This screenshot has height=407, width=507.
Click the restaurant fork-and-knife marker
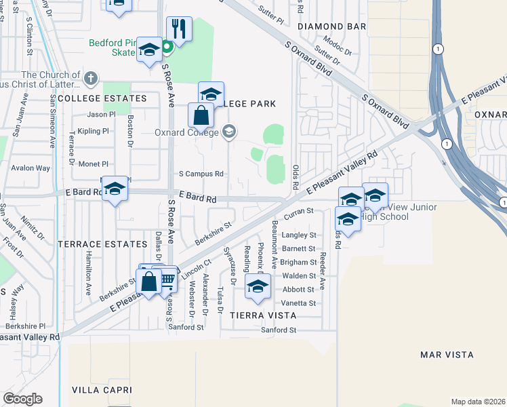(x=179, y=29)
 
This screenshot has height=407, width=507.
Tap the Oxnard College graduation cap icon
(x=229, y=131)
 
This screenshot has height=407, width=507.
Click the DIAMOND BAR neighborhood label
(x=332, y=26)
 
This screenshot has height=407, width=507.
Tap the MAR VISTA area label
(x=447, y=355)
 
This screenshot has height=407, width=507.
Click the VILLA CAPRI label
(x=100, y=390)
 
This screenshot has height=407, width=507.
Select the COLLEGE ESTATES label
(x=102, y=98)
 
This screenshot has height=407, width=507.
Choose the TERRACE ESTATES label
(x=102, y=244)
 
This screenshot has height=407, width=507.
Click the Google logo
(x=22, y=399)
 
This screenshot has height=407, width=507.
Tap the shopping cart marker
(x=167, y=278)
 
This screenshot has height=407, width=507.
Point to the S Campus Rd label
(x=201, y=174)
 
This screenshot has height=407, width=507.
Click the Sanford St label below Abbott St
(x=280, y=330)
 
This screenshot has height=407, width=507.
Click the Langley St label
(x=299, y=235)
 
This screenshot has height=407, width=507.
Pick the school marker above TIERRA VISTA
(x=258, y=286)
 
